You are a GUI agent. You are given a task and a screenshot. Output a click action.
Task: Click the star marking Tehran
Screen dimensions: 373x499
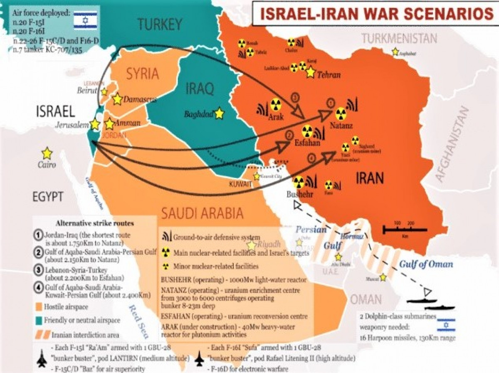[310, 72]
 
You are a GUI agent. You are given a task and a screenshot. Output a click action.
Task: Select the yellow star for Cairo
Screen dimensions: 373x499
[47, 153]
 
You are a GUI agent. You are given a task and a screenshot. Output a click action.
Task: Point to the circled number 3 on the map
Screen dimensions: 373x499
[295, 98]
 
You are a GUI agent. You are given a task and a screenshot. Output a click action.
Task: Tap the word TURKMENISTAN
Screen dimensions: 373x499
[399, 39]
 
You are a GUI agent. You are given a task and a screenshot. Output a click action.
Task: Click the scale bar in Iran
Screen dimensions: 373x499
[404, 229]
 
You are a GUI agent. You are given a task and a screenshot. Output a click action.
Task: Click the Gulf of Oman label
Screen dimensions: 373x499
[426, 264]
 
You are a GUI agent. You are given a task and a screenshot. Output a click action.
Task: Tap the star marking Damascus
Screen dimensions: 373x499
[117, 99]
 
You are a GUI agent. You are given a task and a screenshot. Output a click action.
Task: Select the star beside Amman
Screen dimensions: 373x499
[109, 124]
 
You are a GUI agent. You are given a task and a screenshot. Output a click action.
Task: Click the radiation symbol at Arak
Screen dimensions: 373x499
[275, 104]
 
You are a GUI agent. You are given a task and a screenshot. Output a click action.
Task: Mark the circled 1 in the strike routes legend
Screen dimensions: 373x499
[37, 234]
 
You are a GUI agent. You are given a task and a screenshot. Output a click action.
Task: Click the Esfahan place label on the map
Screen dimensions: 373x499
[307, 143]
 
